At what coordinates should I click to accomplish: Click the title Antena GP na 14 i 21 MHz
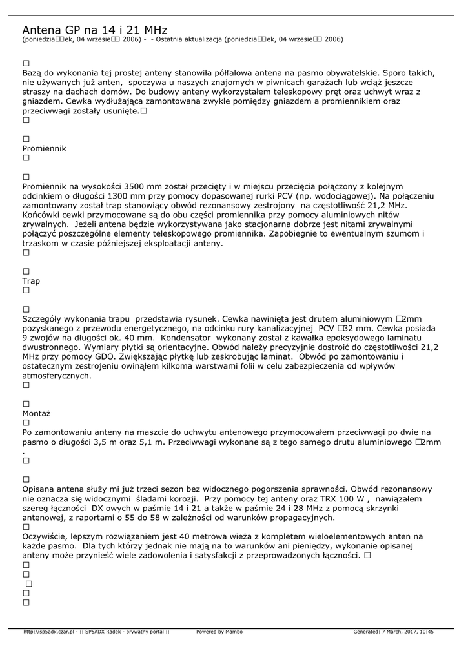click(95, 30)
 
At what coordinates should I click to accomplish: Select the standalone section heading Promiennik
click(45, 148)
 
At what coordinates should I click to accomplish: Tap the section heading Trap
click(31, 281)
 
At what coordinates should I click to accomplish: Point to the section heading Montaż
click(36, 413)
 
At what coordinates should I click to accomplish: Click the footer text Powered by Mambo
click(219, 632)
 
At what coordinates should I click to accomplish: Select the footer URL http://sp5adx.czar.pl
click(49, 632)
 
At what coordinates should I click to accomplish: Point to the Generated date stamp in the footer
click(393, 632)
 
